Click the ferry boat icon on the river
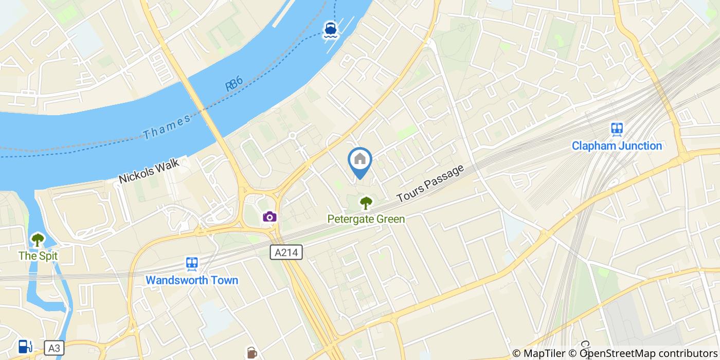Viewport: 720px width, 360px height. [x=330, y=30]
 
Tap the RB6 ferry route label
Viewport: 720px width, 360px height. [x=234, y=84]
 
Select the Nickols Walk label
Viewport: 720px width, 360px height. [x=149, y=171]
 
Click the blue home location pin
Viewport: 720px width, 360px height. [x=360, y=161]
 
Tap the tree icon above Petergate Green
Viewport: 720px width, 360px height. [x=366, y=203]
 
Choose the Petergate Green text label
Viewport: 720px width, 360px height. [x=366, y=219]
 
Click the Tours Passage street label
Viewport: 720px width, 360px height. [x=430, y=183]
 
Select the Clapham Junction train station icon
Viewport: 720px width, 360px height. [x=617, y=129]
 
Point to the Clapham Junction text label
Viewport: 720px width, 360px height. [x=617, y=146]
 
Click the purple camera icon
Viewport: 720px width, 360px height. [x=269, y=217]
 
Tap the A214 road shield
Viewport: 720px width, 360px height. [x=286, y=251]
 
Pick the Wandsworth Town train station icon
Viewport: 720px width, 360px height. [x=192, y=264]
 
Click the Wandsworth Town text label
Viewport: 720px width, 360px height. [x=192, y=280]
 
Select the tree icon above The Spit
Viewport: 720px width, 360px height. [x=38, y=240]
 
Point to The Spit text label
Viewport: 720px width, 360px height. [x=38, y=256]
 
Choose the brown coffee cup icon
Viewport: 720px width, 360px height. [x=251, y=353]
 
